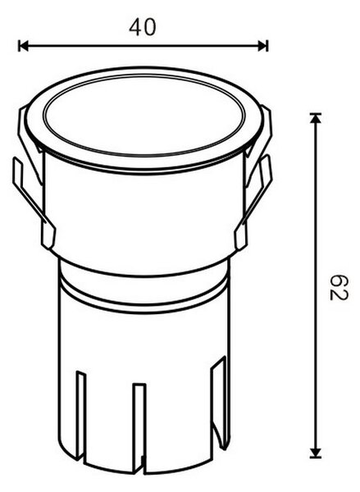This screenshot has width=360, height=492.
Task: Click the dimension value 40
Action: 142,27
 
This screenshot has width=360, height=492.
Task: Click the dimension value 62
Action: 339,288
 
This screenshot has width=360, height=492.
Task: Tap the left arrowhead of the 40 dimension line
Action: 24,45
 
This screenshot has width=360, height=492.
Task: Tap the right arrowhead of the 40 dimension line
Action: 263,45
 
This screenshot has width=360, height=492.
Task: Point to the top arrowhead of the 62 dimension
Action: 316,117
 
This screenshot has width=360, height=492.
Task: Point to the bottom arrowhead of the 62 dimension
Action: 316,453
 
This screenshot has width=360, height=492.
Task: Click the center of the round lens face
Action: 144,115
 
